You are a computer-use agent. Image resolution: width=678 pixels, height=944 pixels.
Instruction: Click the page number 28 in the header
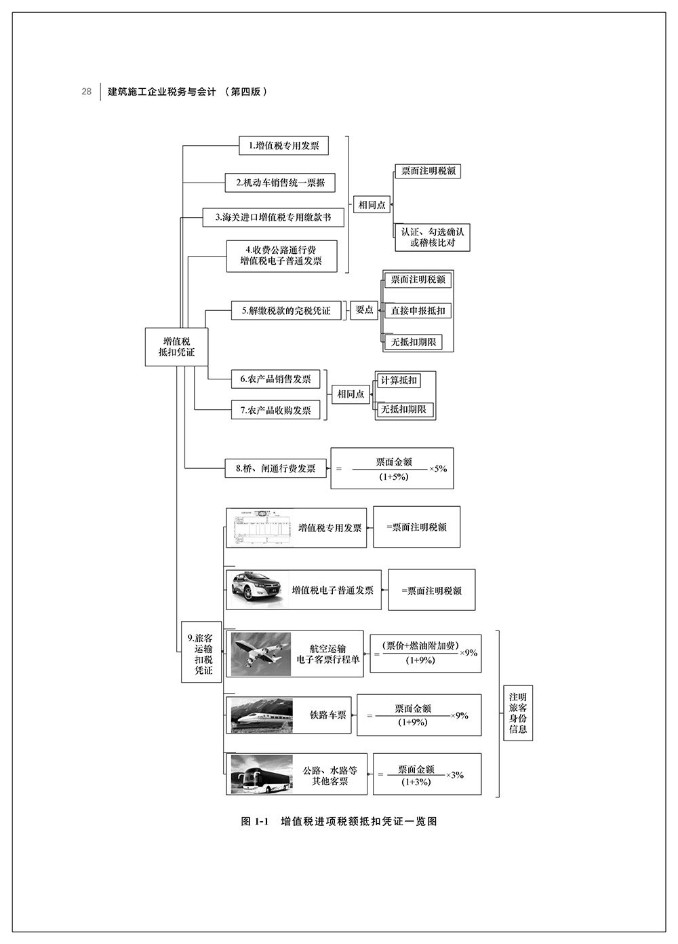(86, 92)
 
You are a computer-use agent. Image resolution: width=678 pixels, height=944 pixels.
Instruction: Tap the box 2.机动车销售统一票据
(280, 183)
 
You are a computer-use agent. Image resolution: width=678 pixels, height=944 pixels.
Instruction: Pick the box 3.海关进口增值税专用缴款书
(273, 217)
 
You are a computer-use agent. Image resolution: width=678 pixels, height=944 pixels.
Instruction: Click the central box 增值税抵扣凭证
(176, 347)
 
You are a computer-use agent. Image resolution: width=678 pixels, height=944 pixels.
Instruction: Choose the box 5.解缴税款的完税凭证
(285, 311)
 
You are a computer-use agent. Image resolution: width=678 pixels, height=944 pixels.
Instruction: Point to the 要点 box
(364, 309)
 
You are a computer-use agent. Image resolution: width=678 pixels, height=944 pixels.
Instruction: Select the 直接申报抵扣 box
(418, 311)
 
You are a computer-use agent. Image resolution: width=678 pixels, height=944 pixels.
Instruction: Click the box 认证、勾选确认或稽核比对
(432, 237)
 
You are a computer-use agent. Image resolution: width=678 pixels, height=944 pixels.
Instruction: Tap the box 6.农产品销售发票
(275, 379)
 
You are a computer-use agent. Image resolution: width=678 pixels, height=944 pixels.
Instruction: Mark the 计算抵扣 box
(399, 380)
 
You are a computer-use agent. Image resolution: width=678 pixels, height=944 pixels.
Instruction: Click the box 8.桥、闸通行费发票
(275, 468)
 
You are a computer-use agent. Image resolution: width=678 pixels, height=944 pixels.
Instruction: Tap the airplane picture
(262, 654)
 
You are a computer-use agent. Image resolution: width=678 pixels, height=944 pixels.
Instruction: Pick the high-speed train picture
(262, 715)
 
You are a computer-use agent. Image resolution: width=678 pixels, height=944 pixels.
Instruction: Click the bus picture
(262, 774)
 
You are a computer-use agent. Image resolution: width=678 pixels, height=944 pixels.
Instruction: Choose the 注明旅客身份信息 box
(518, 713)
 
